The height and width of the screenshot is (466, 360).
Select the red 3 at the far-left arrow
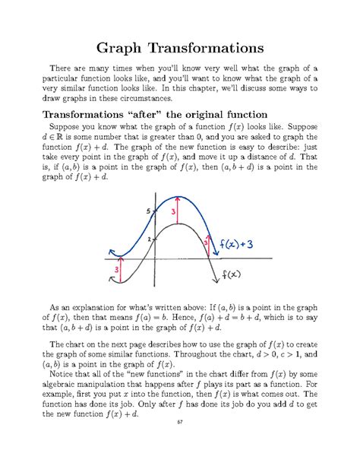pos(116,268)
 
